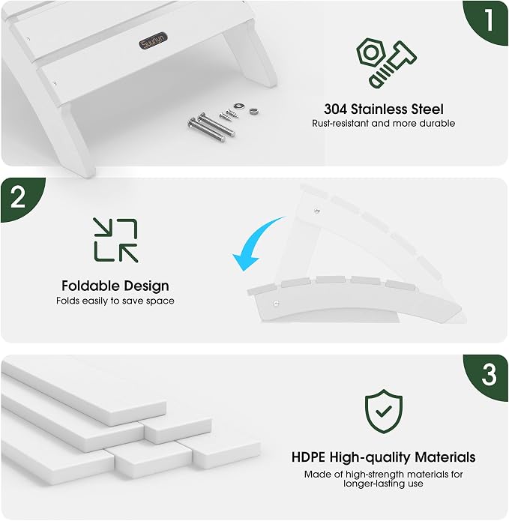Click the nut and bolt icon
(386, 63)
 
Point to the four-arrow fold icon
(115, 240)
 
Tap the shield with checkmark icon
(383, 412)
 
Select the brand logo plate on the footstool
(153, 41)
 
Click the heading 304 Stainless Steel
(383, 109)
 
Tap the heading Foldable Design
(115, 286)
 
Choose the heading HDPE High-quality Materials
(383, 457)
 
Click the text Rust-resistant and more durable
(383, 123)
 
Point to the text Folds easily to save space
(115, 301)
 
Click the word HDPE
(308, 457)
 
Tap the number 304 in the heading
(335, 109)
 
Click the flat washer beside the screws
(238, 106)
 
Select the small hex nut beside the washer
(254, 111)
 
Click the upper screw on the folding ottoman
(317, 211)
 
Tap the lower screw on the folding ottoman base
(275, 303)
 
